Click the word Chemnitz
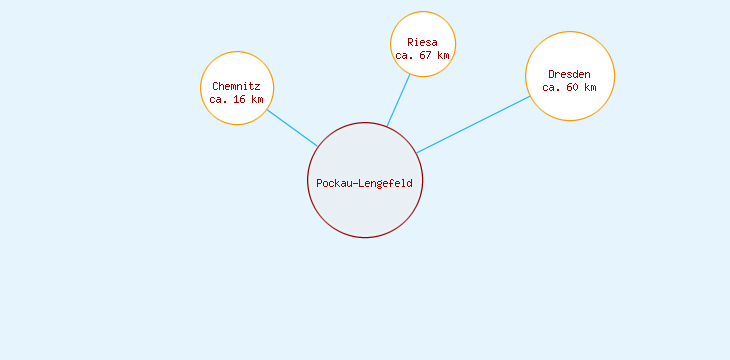(x=236, y=86)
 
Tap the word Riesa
(x=422, y=42)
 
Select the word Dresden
(x=569, y=74)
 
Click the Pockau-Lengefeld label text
(x=364, y=183)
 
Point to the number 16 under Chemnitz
(x=240, y=100)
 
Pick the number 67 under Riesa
(x=425, y=56)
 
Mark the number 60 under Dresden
(x=573, y=88)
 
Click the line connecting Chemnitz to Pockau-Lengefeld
(x=292, y=128)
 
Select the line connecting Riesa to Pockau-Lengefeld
(x=399, y=101)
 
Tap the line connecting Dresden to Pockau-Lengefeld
(x=472, y=124)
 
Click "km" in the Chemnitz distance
(x=257, y=100)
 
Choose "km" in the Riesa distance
(x=443, y=56)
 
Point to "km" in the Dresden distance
(x=590, y=88)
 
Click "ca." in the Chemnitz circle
(x=219, y=100)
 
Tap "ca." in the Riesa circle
(x=404, y=56)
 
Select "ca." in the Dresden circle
(x=552, y=88)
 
